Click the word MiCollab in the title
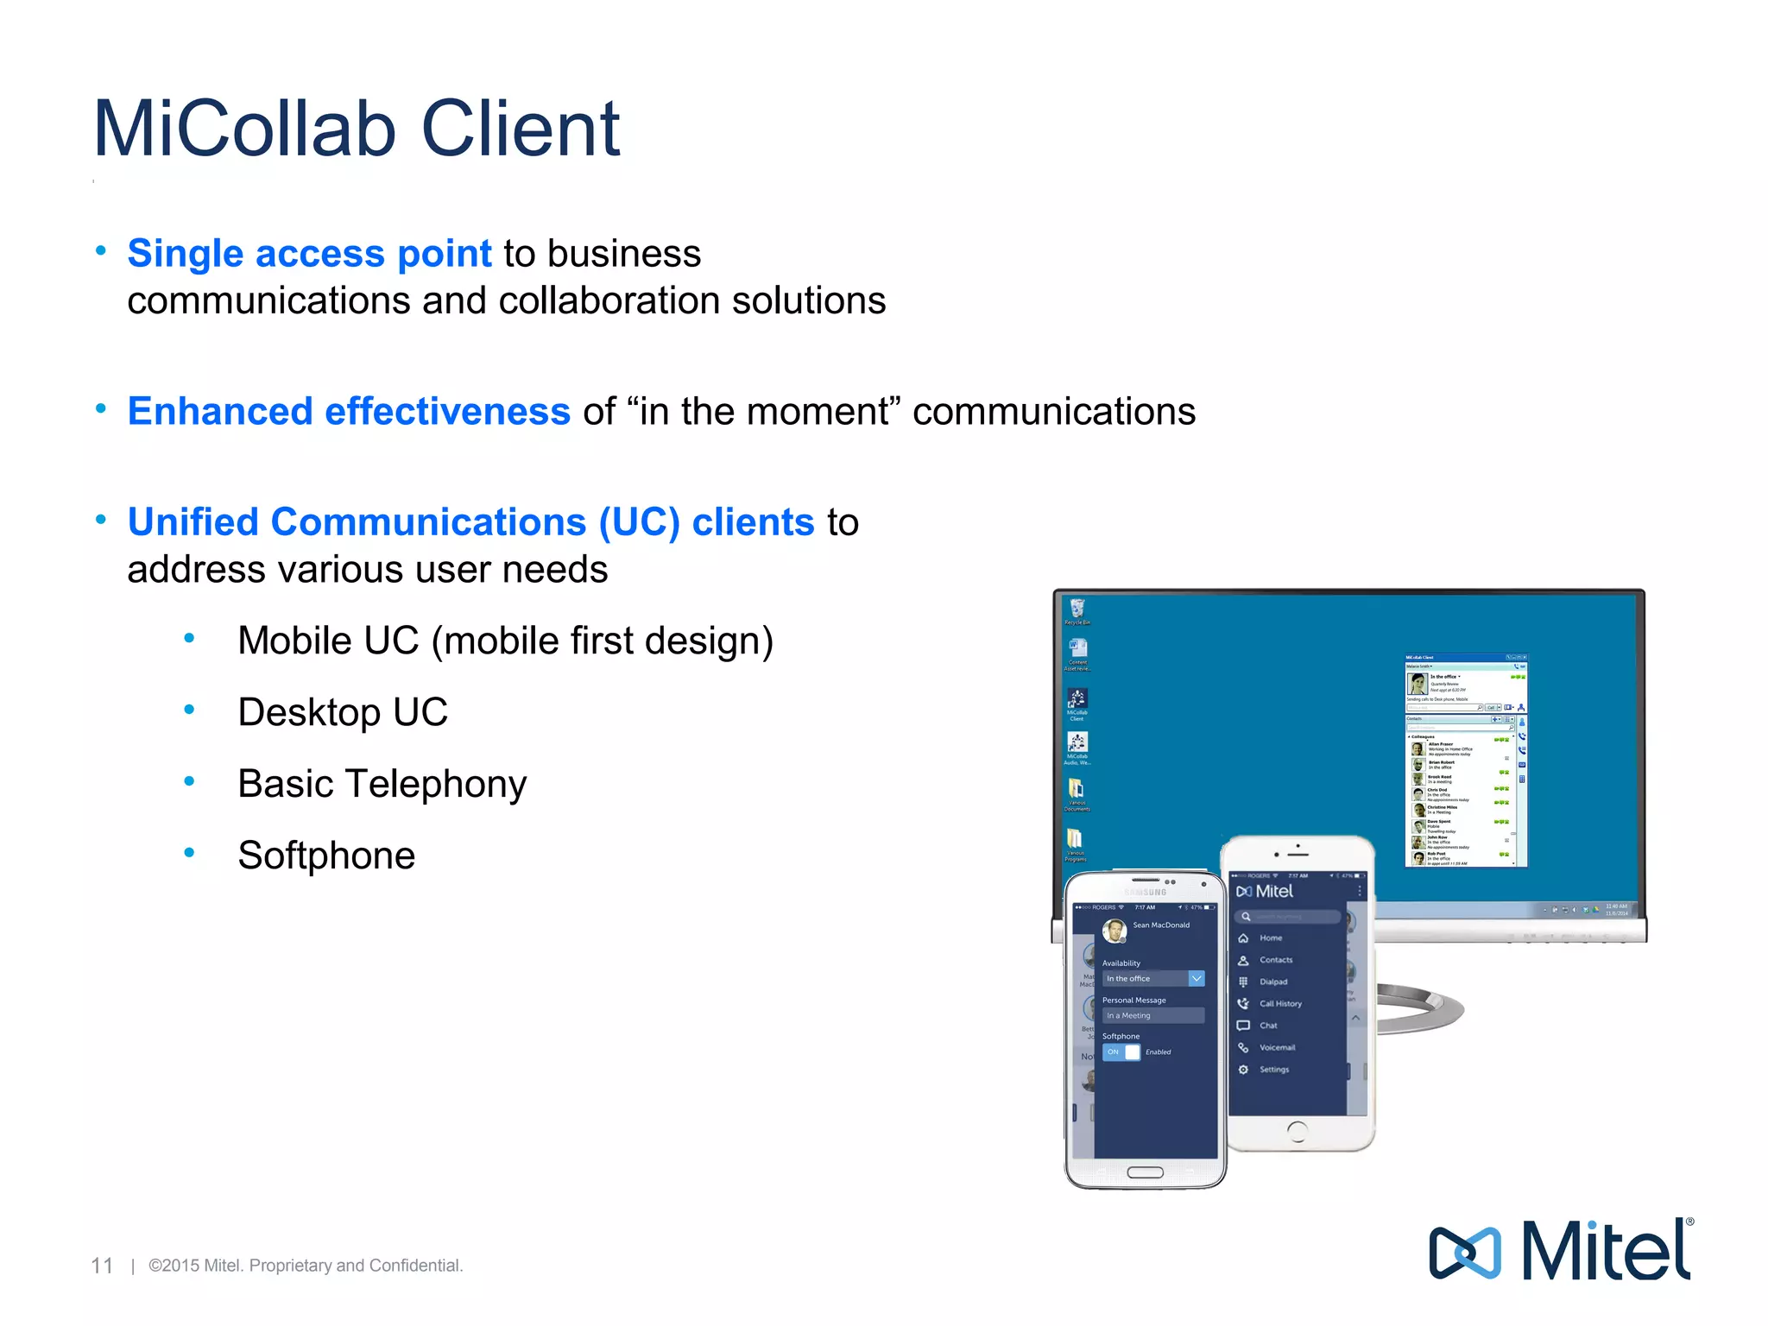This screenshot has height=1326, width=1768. [x=244, y=129]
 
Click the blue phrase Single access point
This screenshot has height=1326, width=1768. [x=309, y=253]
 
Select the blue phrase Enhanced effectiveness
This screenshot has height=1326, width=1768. [x=349, y=411]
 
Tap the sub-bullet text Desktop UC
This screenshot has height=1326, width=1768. [x=343, y=712]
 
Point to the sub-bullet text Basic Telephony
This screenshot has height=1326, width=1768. [x=382, y=784]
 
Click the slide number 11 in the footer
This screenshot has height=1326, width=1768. [x=102, y=1266]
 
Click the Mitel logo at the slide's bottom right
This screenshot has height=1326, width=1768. [x=1561, y=1251]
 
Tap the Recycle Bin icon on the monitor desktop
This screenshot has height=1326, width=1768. [x=1077, y=609]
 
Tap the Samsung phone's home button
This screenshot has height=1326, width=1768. [x=1145, y=1172]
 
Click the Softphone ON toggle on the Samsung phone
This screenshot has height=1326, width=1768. [x=1121, y=1051]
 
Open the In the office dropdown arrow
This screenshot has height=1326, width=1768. [x=1196, y=978]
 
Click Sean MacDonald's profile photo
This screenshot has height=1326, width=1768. [x=1114, y=931]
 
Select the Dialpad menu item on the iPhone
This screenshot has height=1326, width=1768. [x=1272, y=982]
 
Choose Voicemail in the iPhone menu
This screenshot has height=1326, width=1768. [x=1276, y=1047]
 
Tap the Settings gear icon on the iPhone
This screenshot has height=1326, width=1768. [x=1243, y=1070]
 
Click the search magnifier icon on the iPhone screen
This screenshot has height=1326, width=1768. [x=1246, y=917]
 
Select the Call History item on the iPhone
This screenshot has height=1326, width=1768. [x=1279, y=1003]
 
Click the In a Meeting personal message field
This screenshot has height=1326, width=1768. [x=1152, y=1015]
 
